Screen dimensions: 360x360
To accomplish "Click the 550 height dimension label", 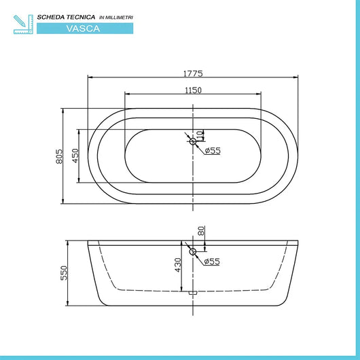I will tap(64, 272).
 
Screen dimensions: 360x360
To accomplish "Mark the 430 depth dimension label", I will tap(178, 266).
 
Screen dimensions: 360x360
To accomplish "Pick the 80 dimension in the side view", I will tap(201, 231).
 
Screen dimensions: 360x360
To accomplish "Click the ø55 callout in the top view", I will tap(213, 150).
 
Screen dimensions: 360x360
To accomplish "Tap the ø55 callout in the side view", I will tap(213, 261).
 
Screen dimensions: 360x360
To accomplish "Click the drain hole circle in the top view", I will tap(193, 141).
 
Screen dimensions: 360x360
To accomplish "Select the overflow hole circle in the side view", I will tap(193, 253).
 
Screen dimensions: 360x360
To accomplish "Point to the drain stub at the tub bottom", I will tap(193, 293).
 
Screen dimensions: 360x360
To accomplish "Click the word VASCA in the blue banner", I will tap(85, 29).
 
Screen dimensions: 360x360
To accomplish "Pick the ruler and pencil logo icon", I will tap(22, 22).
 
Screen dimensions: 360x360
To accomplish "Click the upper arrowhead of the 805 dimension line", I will tap(64, 109).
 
